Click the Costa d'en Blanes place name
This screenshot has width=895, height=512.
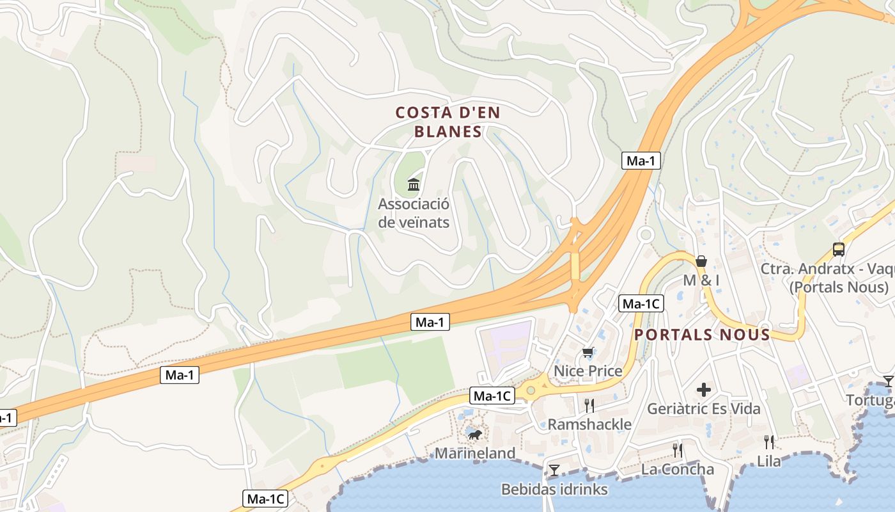(x=447, y=122)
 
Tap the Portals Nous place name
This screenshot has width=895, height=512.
(x=702, y=335)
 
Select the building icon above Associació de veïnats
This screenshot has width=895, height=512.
(x=414, y=185)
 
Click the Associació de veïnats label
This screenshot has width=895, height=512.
(x=414, y=213)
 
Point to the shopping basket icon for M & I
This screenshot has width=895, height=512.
(x=701, y=261)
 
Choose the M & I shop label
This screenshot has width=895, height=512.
(x=701, y=280)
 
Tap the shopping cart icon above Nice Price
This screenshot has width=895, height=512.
(x=588, y=352)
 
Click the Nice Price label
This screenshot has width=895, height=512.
(x=588, y=371)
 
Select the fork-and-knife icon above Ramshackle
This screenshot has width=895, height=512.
(x=589, y=405)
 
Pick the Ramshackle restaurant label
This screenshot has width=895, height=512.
(x=589, y=424)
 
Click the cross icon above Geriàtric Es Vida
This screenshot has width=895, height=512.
(x=704, y=389)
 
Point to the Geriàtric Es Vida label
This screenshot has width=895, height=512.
(x=704, y=408)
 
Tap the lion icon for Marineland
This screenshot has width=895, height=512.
(x=474, y=435)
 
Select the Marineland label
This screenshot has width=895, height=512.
(x=475, y=454)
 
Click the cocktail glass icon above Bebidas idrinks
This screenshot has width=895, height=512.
(x=554, y=470)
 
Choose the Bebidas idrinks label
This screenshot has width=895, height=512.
(x=554, y=490)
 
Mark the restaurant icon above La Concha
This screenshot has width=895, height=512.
(x=678, y=450)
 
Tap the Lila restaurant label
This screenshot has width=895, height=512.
(x=769, y=461)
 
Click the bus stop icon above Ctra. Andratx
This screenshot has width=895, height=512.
(x=839, y=250)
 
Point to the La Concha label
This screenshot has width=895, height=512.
(x=678, y=469)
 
